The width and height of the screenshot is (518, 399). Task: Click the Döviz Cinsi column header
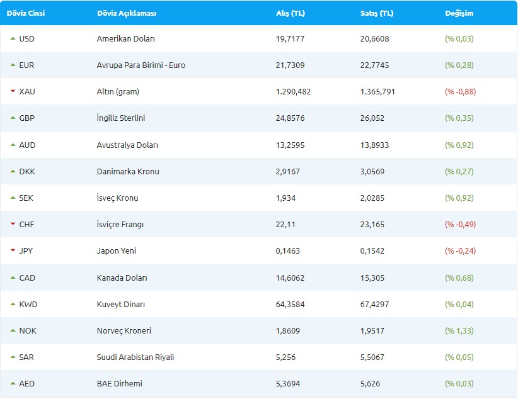26,13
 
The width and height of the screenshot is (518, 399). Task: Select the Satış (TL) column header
376,13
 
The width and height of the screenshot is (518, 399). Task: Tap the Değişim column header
459,13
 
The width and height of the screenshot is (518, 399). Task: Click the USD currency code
27,39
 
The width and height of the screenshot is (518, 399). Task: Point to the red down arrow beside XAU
13,92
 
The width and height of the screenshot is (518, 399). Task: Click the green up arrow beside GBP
13,118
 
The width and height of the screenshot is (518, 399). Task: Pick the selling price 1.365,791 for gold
378,92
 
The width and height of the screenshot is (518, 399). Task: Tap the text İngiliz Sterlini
122,118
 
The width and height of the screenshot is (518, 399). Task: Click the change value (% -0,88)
460,92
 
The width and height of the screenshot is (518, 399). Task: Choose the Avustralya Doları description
127,145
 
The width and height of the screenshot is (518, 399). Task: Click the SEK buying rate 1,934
286,198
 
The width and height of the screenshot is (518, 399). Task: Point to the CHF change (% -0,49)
460,225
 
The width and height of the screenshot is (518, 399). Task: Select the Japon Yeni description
117,251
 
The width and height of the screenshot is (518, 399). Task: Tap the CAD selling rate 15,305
372,278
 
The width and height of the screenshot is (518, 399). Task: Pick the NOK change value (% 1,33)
459,331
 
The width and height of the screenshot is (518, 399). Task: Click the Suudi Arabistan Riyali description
135,357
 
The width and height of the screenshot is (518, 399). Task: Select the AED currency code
27,384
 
